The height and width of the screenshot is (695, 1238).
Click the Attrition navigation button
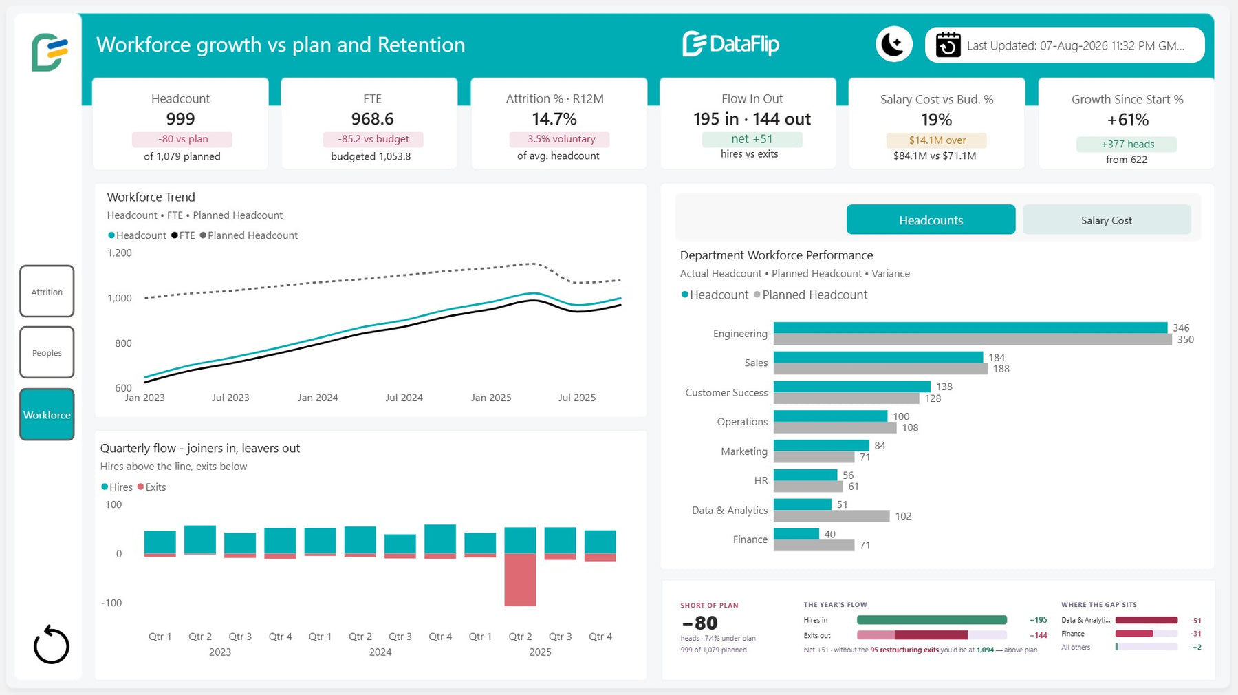[x=47, y=291]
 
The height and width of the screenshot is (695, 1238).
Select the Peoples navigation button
[x=47, y=352]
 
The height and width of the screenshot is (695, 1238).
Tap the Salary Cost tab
[x=1106, y=220]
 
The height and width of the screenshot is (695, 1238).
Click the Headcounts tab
[x=931, y=220]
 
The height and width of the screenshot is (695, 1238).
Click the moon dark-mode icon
[x=893, y=45]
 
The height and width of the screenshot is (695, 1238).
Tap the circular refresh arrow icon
[x=52, y=645]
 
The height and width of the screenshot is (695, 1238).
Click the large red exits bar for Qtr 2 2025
[x=520, y=579]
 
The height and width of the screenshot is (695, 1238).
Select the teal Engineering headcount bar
[x=970, y=328]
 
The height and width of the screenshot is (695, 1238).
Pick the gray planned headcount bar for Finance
[x=814, y=545]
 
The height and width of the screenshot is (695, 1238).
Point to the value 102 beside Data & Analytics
[x=903, y=516]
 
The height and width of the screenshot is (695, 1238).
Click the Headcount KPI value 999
[x=180, y=119]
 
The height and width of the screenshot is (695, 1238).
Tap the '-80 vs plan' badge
[x=182, y=139]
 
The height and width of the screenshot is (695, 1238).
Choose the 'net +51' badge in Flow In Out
[x=752, y=139]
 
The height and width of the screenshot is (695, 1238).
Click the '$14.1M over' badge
[x=937, y=140]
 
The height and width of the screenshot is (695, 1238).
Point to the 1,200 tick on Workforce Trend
[x=120, y=253]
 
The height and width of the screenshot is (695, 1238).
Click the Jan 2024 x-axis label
[x=318, y=398]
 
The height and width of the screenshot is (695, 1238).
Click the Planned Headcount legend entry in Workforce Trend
[x=249, y=235]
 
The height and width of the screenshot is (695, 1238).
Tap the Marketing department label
[x=744, y=451]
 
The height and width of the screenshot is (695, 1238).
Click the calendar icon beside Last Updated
[x=948, y=45]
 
